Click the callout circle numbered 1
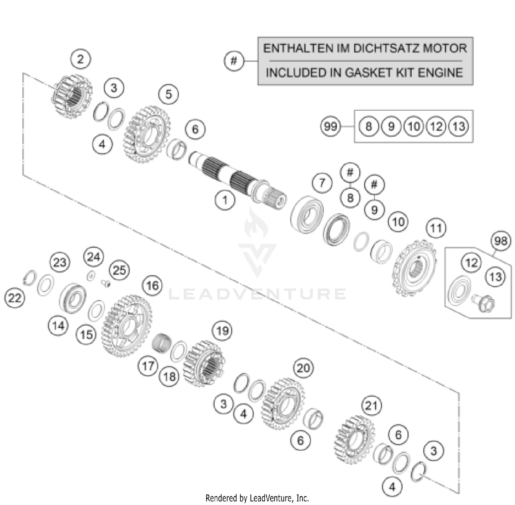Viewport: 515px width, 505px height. tap(225, 200)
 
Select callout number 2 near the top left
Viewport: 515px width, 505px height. tap(80, 59)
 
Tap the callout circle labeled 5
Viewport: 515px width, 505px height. tap(168, 94)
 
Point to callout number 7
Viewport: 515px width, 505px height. tap(322, 183)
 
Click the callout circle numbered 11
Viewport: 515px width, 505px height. tap(436, 228)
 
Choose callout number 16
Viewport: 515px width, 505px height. tap(152, 285)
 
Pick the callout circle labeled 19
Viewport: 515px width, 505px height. tap(222, 331)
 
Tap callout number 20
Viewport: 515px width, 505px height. tap(303, 368)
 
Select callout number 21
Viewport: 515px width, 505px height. tap(371, 406)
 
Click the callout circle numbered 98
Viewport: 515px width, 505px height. tap(501, 240)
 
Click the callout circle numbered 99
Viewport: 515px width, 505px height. tap(330, 126)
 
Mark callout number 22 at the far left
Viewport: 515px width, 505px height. tap(14, 298)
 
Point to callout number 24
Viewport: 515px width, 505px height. tap(93, 257)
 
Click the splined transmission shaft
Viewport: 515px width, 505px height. tap(237, 179)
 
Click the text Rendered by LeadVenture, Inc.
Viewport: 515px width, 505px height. tap(257, 498)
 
